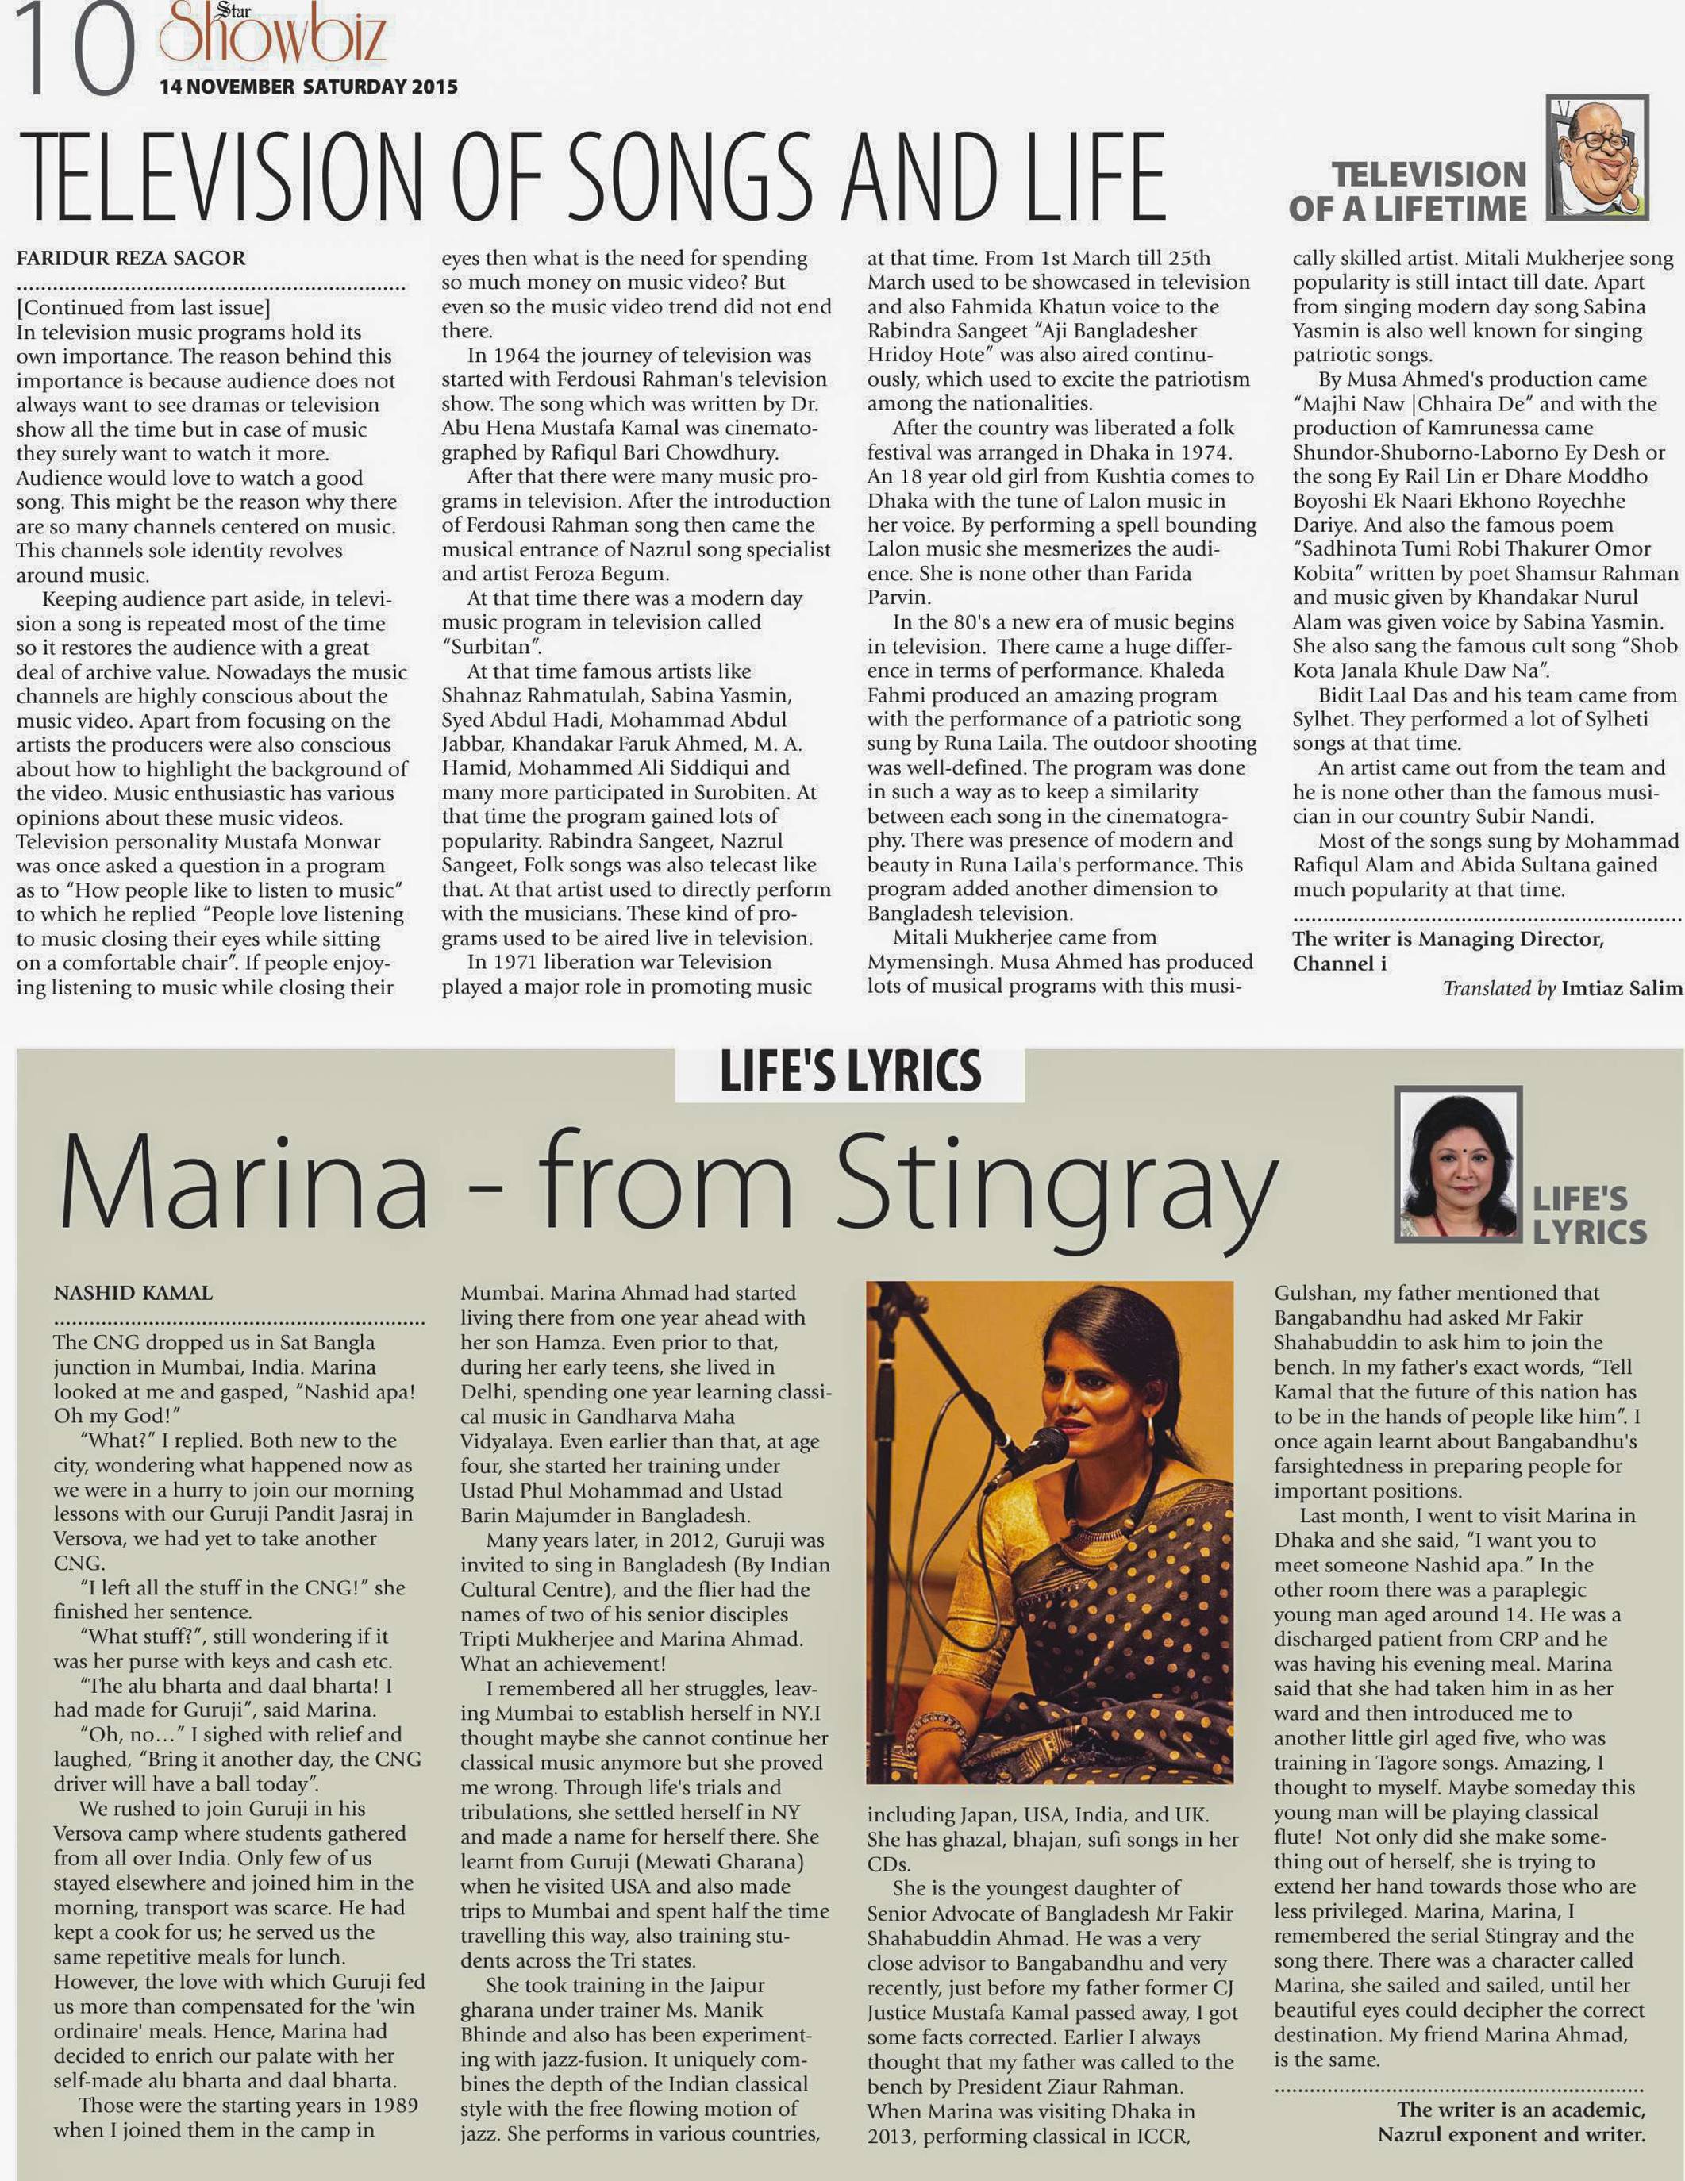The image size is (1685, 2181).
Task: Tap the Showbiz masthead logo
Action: pos(271,40)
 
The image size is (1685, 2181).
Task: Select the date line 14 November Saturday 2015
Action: pos(308,87)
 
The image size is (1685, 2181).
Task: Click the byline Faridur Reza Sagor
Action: pos(130,259)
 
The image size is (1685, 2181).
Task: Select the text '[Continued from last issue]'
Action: pos(143,308)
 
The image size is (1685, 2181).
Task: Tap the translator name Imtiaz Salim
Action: pos(1622,989)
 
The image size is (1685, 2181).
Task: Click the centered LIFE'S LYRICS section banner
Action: pos(850,1071)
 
